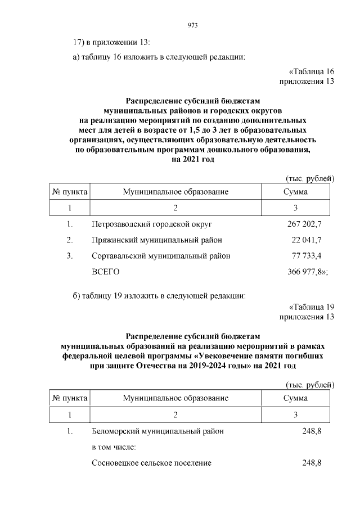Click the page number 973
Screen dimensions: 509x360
[x=191, y=25]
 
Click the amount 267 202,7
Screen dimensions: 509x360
[x=304, y=224]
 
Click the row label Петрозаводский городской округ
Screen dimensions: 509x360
[x=151, y=224]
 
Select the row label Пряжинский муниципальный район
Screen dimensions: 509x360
[x=156, y=240]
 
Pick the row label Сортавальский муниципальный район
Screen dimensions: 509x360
[x=161, y=256]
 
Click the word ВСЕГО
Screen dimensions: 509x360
[x=105, y=272]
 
